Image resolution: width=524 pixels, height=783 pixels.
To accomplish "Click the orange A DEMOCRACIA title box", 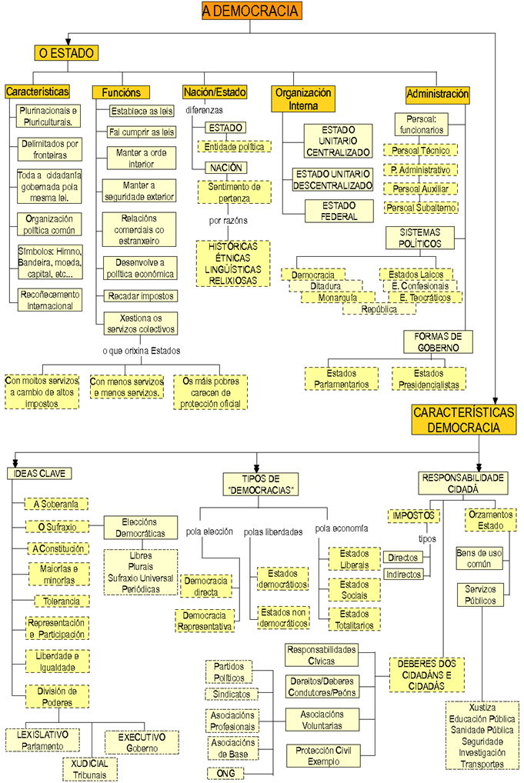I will tap(251, 10).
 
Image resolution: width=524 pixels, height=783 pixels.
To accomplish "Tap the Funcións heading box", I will tap(120, 92).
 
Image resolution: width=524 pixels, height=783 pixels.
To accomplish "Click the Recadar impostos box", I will tap(142, 295).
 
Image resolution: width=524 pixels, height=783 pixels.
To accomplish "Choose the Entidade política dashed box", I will tap(234, 146).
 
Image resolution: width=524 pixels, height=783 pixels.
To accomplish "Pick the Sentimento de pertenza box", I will tap(234, 192).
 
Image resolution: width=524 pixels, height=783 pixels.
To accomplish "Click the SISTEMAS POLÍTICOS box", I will tap(420, 238).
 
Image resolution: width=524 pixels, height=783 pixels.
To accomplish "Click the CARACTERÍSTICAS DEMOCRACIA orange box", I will tap(464, 420).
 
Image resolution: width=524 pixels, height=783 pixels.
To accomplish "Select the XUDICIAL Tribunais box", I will tap(90, 768).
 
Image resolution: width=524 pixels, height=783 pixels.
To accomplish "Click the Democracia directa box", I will tap(207, 586).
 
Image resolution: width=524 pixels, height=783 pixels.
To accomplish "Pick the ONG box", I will tap(226, 773).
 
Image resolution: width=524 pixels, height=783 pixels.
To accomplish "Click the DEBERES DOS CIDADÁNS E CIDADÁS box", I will tap(427, 674).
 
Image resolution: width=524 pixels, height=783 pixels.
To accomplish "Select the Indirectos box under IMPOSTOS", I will tap(403, 575).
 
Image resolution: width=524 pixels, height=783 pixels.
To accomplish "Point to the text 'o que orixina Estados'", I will tap(141, 351).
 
